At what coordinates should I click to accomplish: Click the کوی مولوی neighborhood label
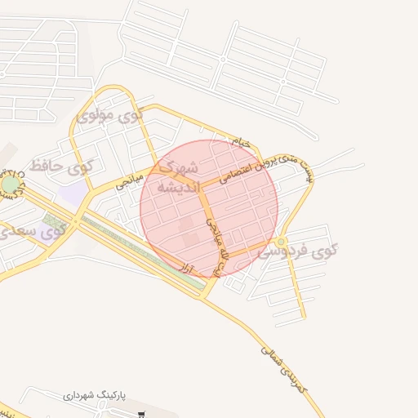pyautogui.click(x=109, y=115)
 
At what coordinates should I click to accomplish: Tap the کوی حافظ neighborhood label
pyautogui.click(x=61, y=166)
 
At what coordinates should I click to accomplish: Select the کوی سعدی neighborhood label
pyautogui.click(x=33, y=232)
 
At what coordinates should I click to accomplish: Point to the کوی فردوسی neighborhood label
pyautogui.click(x=298, y=251)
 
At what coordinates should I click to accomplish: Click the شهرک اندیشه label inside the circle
pyautogui.click(x=176, y=177)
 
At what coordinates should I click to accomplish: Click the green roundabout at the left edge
pyautogui.click(x=9, y=185)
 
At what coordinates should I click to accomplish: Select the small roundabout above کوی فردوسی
pyautogui.click(x=281, y=242)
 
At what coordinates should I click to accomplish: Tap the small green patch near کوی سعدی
pyautogui.click(x=54, y=220)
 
